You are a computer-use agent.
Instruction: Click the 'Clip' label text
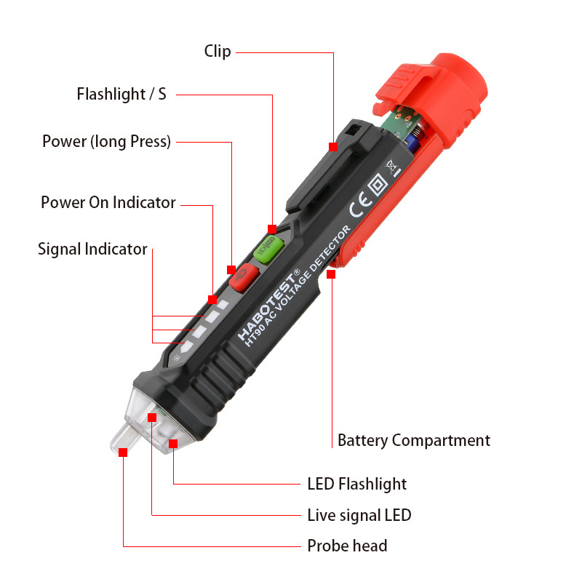(218, 51)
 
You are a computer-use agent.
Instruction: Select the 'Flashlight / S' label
(121, 95)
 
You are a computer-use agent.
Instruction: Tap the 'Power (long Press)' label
(106, 141)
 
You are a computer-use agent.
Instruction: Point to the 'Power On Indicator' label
(108, 202)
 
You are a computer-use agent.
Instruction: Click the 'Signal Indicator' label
(92, 249)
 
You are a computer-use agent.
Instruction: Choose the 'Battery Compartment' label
(413, 440)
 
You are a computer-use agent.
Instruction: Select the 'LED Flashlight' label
(356, 484)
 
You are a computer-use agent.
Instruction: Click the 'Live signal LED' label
(359, 515)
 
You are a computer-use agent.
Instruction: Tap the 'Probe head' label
(347, 546)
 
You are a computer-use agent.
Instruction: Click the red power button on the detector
(243, 276)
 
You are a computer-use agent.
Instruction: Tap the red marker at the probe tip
(123, 452)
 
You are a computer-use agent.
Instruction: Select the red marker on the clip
(332, 146)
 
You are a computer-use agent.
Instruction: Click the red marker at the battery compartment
(332, 274)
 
